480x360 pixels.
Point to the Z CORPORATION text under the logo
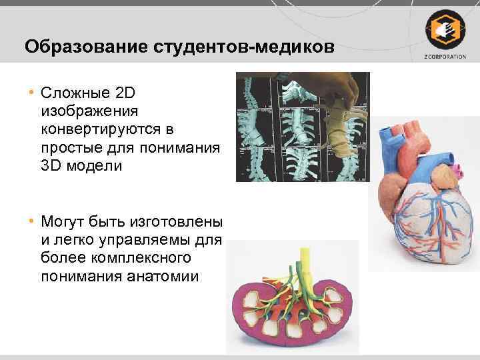tap(443, 56)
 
